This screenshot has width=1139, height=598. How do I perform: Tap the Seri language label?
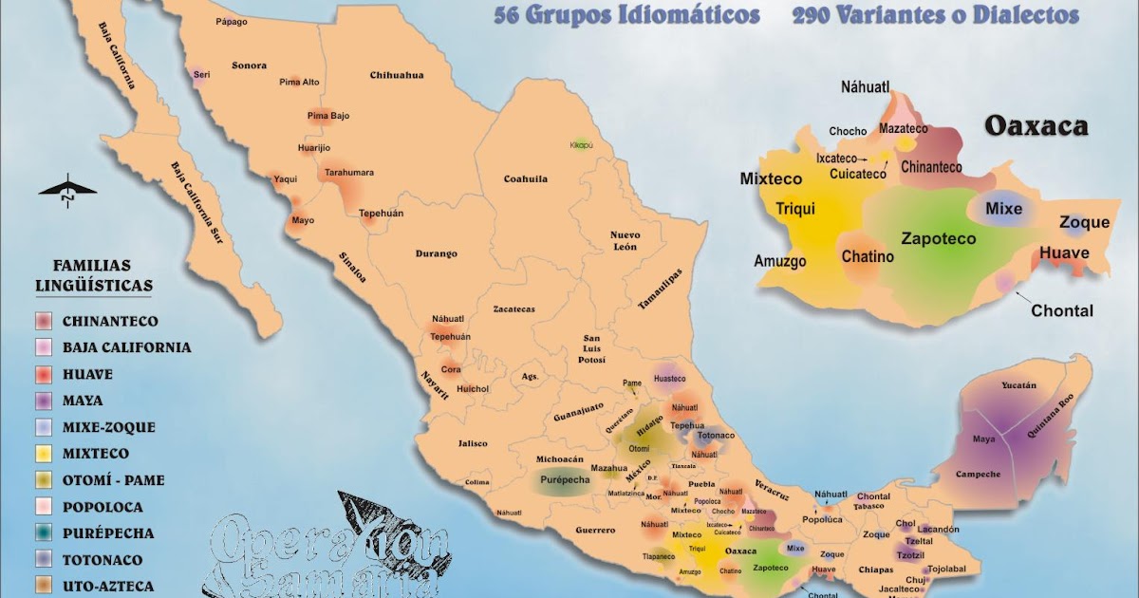point(201,74)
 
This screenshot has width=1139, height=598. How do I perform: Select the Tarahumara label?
point(349,173)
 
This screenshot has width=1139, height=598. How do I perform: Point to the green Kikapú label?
point(581,145)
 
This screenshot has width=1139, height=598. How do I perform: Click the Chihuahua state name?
point(396,75)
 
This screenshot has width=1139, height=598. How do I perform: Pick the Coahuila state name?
point(525,178)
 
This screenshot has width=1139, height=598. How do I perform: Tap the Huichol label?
point(472,389)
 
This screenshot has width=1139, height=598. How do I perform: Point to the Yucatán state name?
point(1018,385)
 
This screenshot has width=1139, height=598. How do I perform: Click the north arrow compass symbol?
point(67,191)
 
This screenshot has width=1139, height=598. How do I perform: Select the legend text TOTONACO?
point(103,560)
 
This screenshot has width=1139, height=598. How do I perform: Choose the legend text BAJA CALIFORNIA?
point(126,347)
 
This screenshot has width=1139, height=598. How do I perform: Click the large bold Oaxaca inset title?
point(1035,126)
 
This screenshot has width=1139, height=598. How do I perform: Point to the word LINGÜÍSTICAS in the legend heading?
point(93,285)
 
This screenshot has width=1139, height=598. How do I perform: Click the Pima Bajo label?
point(327,116)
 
